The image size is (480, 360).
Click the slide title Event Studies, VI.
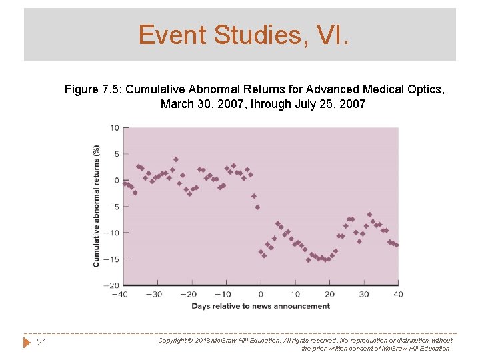click(x=243, y=35)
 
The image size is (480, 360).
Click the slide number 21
click(x=41, y=342)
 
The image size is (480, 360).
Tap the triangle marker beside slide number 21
click(x=27, y=342)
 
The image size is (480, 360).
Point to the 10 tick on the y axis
click(x=115, y=128)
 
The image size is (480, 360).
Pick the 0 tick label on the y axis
click(x=117, y=180)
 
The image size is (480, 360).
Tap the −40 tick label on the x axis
click(x=119, y=294)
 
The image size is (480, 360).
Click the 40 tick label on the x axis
click(x=398, y=294)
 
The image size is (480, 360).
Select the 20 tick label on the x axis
click(x=329, y=294)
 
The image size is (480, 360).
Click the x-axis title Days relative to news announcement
click(x=261, y=306)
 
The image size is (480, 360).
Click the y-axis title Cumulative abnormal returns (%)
click(x=97, y=206)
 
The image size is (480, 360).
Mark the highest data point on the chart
click(x=176, y=159)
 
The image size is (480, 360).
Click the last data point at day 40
click(x=397, y=245)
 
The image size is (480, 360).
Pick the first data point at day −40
click(x=124, y=183)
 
